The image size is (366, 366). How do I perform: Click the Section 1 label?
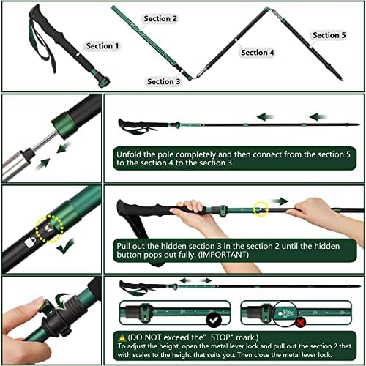102,46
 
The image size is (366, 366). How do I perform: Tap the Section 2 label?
160,18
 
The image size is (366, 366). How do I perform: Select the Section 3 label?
163,82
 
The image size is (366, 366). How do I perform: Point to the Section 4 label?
258,53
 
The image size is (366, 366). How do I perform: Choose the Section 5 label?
329,35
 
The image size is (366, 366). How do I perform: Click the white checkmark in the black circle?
214,320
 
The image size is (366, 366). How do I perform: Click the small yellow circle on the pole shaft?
261,209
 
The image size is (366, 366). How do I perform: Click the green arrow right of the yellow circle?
281,201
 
